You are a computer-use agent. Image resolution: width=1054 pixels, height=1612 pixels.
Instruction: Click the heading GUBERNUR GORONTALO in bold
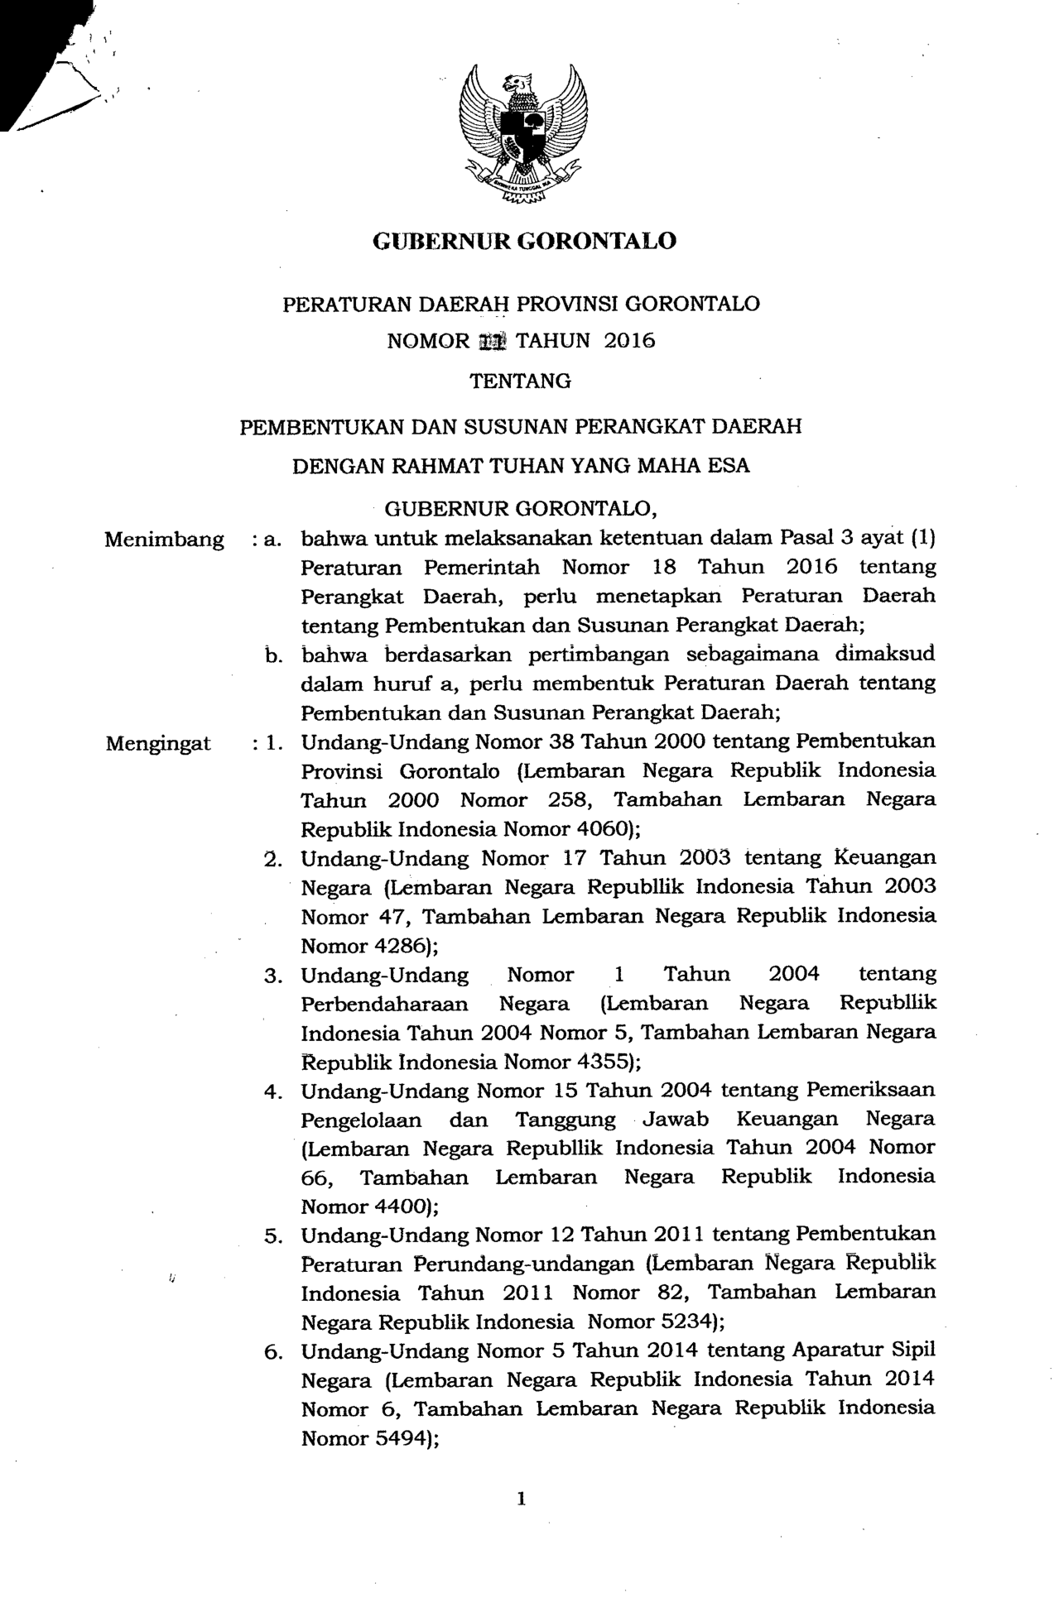(525, 241)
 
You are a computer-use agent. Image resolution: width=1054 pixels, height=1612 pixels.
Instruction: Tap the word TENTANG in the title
(521, 381)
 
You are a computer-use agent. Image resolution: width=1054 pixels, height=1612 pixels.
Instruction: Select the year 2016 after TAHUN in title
(629, 341)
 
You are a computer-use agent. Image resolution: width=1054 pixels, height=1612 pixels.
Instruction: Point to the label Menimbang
(165, 540)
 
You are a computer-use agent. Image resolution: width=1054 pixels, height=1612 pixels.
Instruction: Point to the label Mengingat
(158, 743)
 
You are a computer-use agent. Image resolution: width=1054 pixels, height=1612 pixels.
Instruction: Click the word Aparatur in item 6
(839, 1351)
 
